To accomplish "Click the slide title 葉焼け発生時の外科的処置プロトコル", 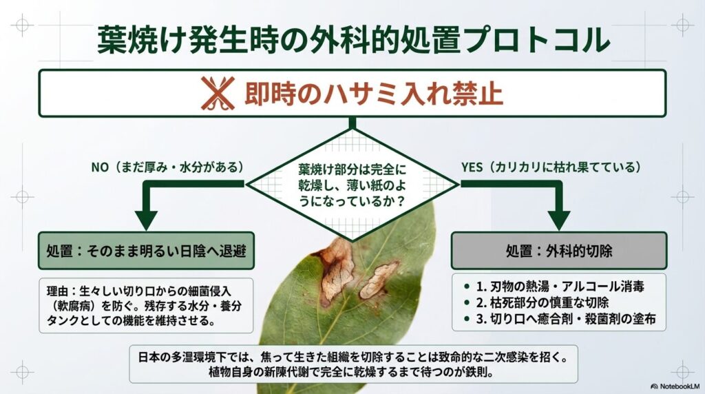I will coord(352,39).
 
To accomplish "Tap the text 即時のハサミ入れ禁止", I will coord(373,94).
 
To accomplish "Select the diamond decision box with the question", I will coord(352,185).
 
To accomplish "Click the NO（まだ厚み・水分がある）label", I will coord(167,167).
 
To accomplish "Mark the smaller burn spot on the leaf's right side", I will coord(379,279).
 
